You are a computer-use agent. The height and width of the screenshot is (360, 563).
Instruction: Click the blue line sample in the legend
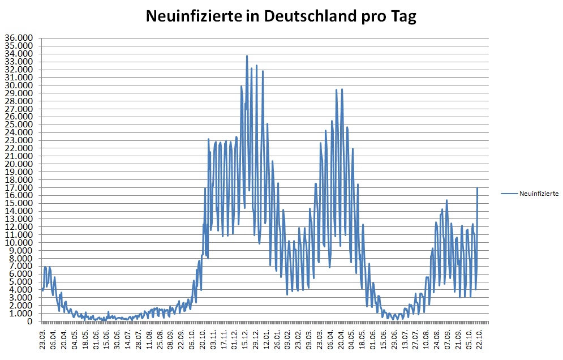[x=509, y=194]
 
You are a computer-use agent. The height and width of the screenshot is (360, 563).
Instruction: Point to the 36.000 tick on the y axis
[x=19, y=38]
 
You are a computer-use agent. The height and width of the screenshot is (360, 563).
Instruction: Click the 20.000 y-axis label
[x=19, y=164]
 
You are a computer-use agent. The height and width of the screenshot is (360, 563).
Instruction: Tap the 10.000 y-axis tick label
[x=19, y=242]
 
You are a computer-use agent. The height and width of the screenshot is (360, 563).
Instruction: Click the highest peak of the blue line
[x=247, y=56]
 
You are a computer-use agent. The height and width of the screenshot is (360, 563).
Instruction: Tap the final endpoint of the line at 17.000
[x=478, y=188]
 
